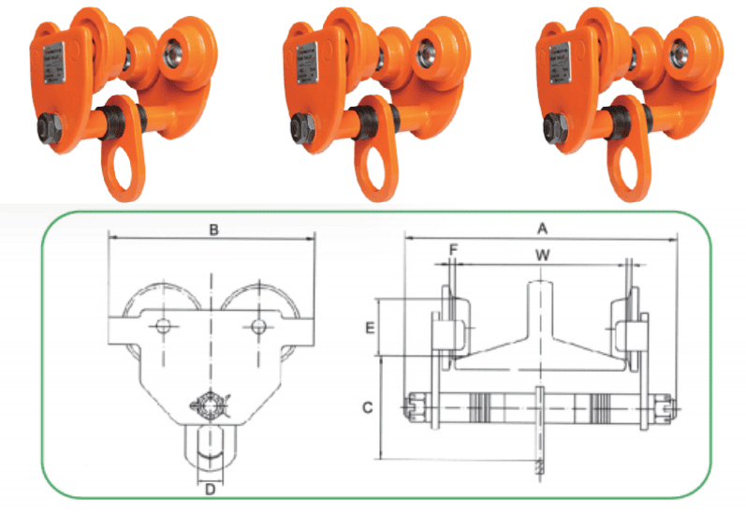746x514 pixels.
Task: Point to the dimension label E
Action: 370,328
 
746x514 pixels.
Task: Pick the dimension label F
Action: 453,251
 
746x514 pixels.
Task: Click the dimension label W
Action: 540,254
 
